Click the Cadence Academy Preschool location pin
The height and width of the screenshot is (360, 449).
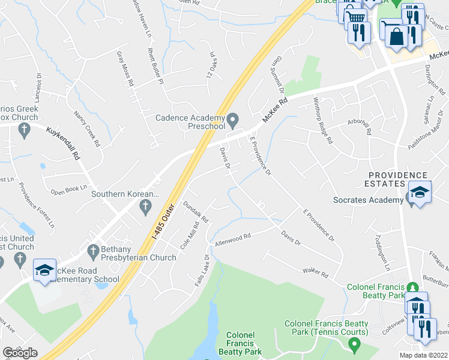235,117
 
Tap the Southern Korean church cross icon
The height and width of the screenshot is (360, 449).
145,207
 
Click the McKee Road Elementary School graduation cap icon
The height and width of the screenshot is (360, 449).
44,271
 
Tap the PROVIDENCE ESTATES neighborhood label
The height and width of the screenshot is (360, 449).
398,179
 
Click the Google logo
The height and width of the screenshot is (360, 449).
20,353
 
